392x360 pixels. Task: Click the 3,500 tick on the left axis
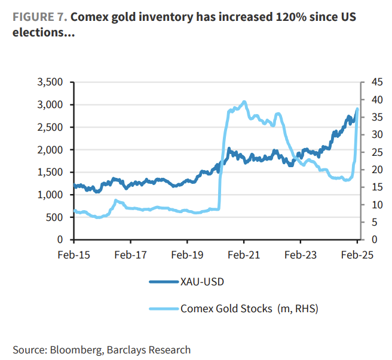click(x=50, y=82)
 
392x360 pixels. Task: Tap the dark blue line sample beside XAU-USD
click(x=162, y=282)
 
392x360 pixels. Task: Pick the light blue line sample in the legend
click(x=162, y=309)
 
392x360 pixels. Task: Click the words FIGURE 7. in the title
click(x=39, y=17)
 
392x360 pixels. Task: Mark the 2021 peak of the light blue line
click(x=244, y=102)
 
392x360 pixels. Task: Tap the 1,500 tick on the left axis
click(x=50, y=172)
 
